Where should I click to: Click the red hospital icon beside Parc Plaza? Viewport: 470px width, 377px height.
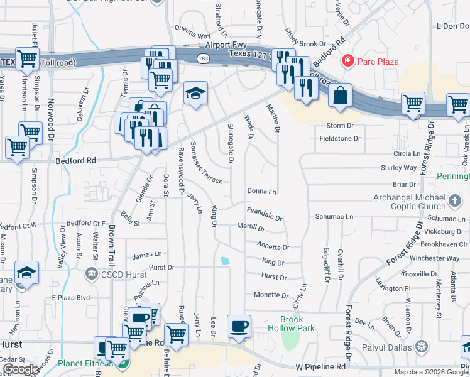pyautogui.click(x=346, y=61)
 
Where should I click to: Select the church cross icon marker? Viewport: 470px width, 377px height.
pyautogui.click(x=456, y=202)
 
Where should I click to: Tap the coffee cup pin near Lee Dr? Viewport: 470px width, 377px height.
pyautogui.click(x=239, y=327)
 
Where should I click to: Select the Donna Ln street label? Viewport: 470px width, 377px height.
pyautogui.click(x=262, y=190)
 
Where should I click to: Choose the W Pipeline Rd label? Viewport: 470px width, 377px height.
pyautogui.click(x=321, y=366)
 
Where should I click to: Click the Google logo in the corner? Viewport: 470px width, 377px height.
pyautogui.click(x=21, y=369)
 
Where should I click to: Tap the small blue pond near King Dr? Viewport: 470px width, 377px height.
pyautogui.click(x=225, y=261)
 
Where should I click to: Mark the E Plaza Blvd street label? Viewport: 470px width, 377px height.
pyautogui.click(x=71, y=297)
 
